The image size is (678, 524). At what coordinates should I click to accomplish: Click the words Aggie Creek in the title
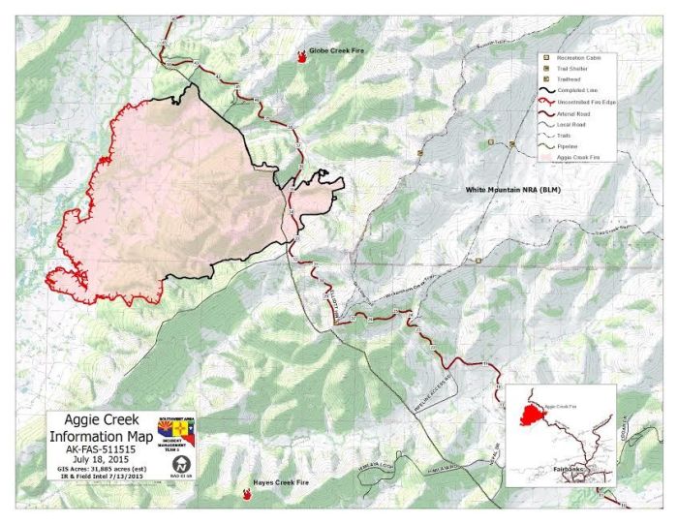click(100, 422)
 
